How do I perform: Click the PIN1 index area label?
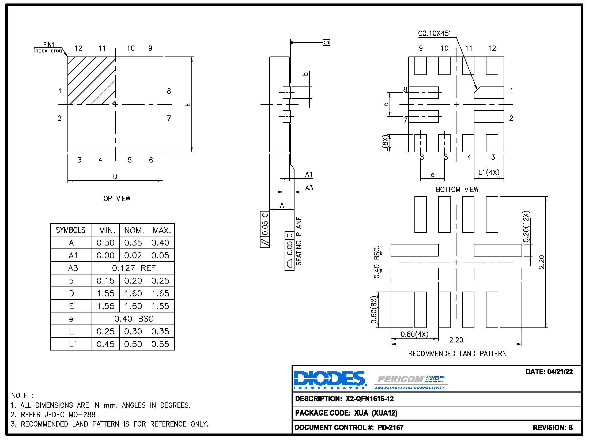48,48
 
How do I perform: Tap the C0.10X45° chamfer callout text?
434,33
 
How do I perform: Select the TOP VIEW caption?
115,198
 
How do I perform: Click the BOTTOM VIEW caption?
457,190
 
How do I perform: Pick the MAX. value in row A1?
160,255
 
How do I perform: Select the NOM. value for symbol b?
133,281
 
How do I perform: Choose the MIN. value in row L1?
105,344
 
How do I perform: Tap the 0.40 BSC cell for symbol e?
134,319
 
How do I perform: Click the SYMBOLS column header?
70,230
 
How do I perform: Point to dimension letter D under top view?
115,176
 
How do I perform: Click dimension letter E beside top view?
188,104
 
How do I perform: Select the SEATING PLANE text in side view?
299,241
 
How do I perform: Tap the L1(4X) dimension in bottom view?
489,172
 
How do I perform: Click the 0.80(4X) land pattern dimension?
414,334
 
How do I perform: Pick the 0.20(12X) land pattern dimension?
526,227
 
